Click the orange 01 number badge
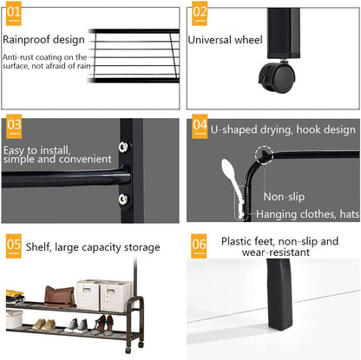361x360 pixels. (x=14, y=14)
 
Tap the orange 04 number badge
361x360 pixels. (x=200, y=127)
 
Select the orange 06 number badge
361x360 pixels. (x=199, y=245)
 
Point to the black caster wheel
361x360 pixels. (x=277, y=77)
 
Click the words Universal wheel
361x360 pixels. (x=225, y=40)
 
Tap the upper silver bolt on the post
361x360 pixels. (x=123, y=147)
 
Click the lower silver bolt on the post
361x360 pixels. (x=123, y=199)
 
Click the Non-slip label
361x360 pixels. (x=284, y=197)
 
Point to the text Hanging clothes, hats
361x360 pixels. (x=308, y=214)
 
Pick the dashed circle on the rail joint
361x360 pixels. (x=265, y=154)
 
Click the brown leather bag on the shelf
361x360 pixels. (x=60, y=297)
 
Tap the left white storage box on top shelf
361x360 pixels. (x=88, y=295)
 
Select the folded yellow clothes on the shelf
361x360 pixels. (x=15, y=297)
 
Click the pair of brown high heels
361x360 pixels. (x=104, y=324)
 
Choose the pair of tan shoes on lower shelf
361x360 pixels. (x=43, y=324)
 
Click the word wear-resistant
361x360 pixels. (x=276, y=252)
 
